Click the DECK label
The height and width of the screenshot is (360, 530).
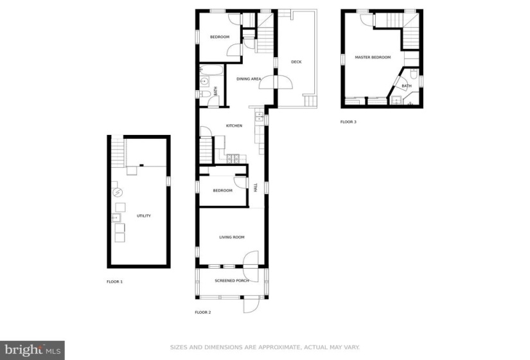tap(296, 62)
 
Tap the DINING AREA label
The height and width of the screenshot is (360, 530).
tap(249, 79)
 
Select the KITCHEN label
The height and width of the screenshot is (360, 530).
tap(234, 125)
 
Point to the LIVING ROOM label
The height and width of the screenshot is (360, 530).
tap(231, 237)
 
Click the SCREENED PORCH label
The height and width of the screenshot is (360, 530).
tap(232, 280)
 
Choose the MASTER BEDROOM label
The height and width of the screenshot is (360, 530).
tap(373, 57)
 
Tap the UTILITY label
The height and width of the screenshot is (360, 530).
tap(144, 215)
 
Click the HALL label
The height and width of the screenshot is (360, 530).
tap(256, 188)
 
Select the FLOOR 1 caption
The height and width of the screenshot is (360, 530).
tap(114, 282)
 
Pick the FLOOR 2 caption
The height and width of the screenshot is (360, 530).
tap(203, 312)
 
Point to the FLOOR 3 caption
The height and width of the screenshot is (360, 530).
tap(348, 122)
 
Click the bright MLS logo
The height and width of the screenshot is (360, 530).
tap(33, 350)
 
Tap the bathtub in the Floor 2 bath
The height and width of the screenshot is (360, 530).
tap(211, 70)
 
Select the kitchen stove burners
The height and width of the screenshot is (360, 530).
tap(233, 158)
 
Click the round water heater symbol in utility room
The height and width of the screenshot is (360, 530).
tap(118, 192)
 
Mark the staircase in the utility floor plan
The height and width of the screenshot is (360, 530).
tap(118, 152)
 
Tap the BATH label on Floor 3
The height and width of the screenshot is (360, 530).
tap(407, 86)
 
